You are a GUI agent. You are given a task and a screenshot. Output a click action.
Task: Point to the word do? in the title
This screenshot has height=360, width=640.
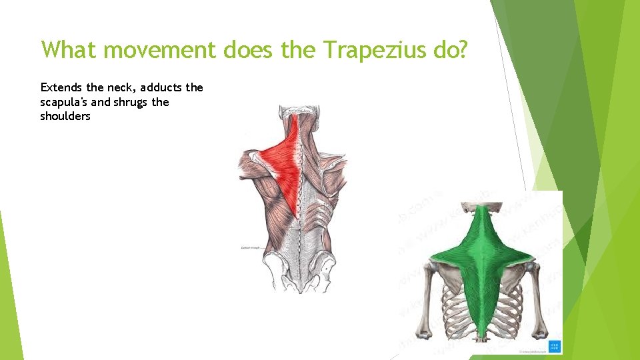tap(447, 50)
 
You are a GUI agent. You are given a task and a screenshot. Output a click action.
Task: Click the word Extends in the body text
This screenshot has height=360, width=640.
tap(60, 87)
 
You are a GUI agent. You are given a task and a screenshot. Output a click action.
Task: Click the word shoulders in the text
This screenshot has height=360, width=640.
tap(65, 117)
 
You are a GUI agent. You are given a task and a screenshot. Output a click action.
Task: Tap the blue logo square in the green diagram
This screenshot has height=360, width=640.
tap(554, 345)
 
